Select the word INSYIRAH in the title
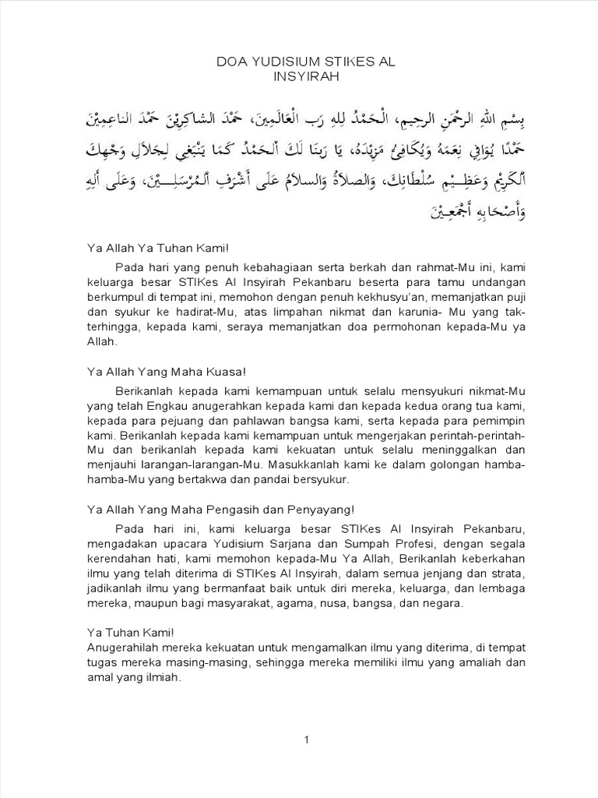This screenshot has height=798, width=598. click(x=298, y=76)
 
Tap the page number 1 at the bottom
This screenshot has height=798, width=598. click(x=307, y=740)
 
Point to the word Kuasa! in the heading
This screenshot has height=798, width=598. click(x=229, y=373)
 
